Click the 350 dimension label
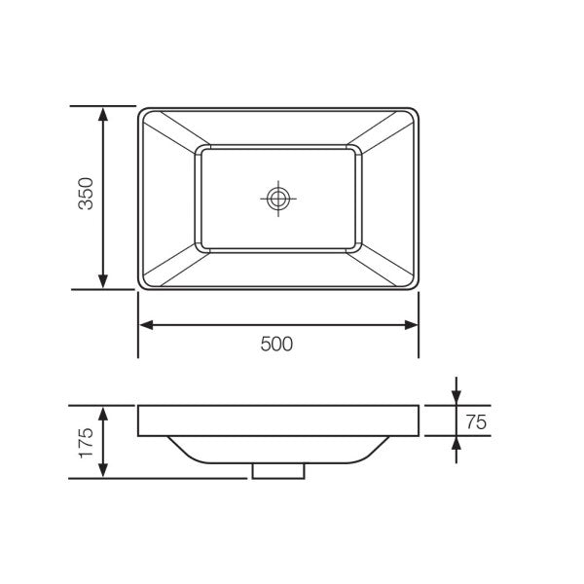click(x=86, y=196)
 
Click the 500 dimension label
click(x=277, y=344)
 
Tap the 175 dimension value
click(x=86, y=443)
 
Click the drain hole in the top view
click(x=278, y=199)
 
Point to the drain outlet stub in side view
click(x=278, y=471)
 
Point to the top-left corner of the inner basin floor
click(x=200, y=149)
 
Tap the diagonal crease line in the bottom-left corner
click(x=170, y=268)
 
